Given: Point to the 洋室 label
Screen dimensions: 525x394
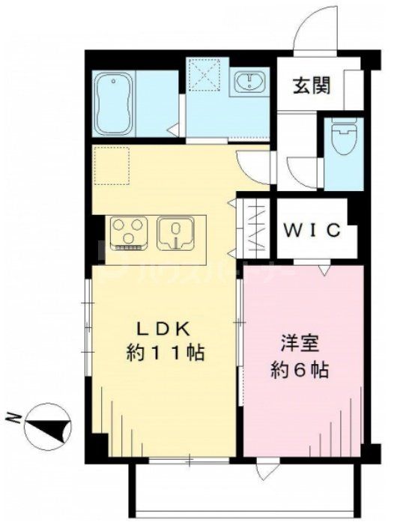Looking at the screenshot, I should [300, 345].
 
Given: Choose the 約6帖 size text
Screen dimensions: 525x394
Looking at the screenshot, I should [300, 369].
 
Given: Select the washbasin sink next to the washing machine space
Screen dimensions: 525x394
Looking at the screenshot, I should [247, 84].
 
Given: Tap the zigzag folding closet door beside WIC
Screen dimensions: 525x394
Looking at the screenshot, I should [252, 225].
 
